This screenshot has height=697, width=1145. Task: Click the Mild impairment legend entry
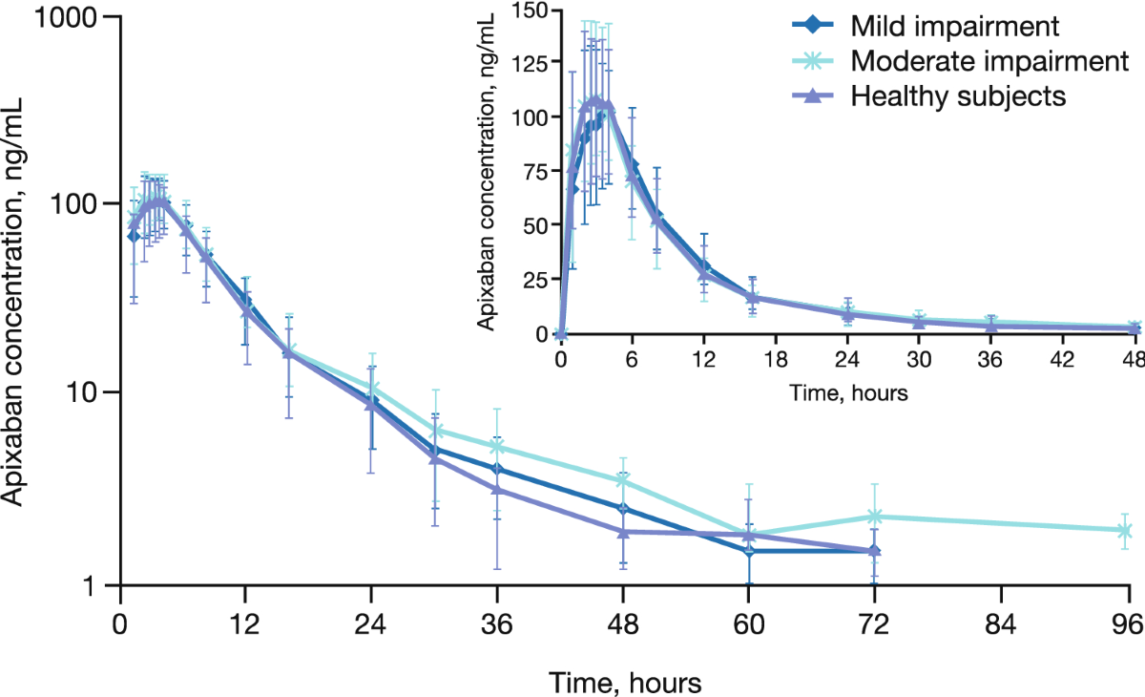pyautogui.click(x=926, y=25)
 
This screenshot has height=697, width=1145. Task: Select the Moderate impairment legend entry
pyautogui.click(x=960, y=60)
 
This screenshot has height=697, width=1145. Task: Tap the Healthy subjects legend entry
pyautogui.click(x=928, y=95)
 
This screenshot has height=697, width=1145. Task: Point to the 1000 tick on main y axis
pyautogui.click(x=113, y=16)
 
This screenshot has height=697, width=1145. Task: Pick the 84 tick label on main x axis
pyautogui.click(x=1000, y=623)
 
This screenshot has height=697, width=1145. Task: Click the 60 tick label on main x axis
pyautogui.click(x=749, y=623)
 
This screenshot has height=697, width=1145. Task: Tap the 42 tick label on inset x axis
pyautogui.click(x=1062, y=360)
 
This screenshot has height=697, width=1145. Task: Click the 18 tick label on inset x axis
pyautogui.click(x=776, y=360)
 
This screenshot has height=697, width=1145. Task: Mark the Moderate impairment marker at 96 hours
pyautogui.click(x=1124, y=531)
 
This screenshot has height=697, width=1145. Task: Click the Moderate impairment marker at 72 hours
pyautogui.click(x=875, y=516)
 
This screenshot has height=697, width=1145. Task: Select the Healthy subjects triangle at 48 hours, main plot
pyautogui.click(x=623, y=532)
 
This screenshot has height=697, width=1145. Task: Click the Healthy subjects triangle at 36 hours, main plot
pyautogui.click(x=497, y=489)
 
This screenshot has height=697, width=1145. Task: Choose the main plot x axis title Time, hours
pyautogui.click(x=625, y=683)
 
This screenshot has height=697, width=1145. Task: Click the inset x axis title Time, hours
pyautogui.click(x=848, y=392)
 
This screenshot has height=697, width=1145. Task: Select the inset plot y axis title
pyautogui.click(x=486, y=172)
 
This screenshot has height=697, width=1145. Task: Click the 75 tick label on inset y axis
pyautogui.click(x=534, y=171)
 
